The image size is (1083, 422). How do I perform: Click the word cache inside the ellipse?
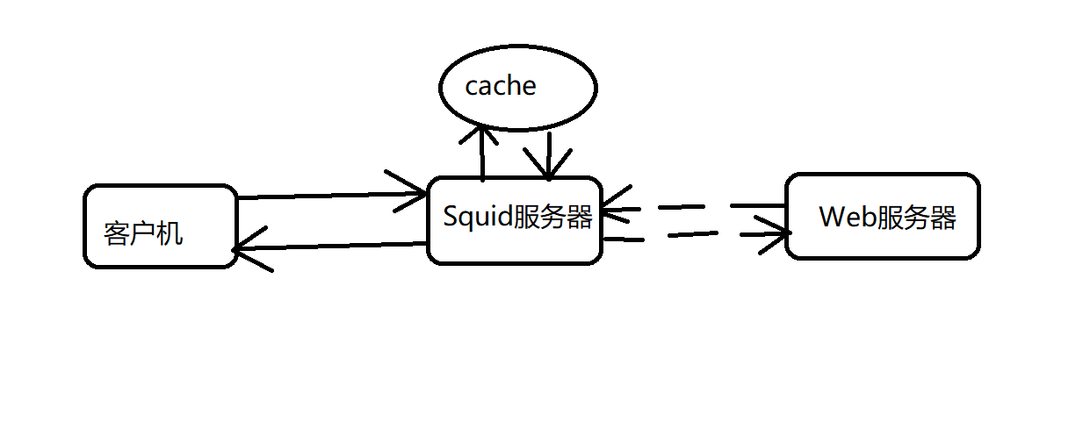(x=500, y=86)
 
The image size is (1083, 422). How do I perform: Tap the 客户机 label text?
(x=142, y=233)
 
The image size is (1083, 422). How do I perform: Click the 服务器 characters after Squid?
(x=552, y=216)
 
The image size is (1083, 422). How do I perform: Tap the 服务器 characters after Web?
(x=917, y=217)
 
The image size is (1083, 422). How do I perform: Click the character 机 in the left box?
(x=170, y=233)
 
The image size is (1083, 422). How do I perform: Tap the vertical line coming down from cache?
(x=548, y=151)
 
